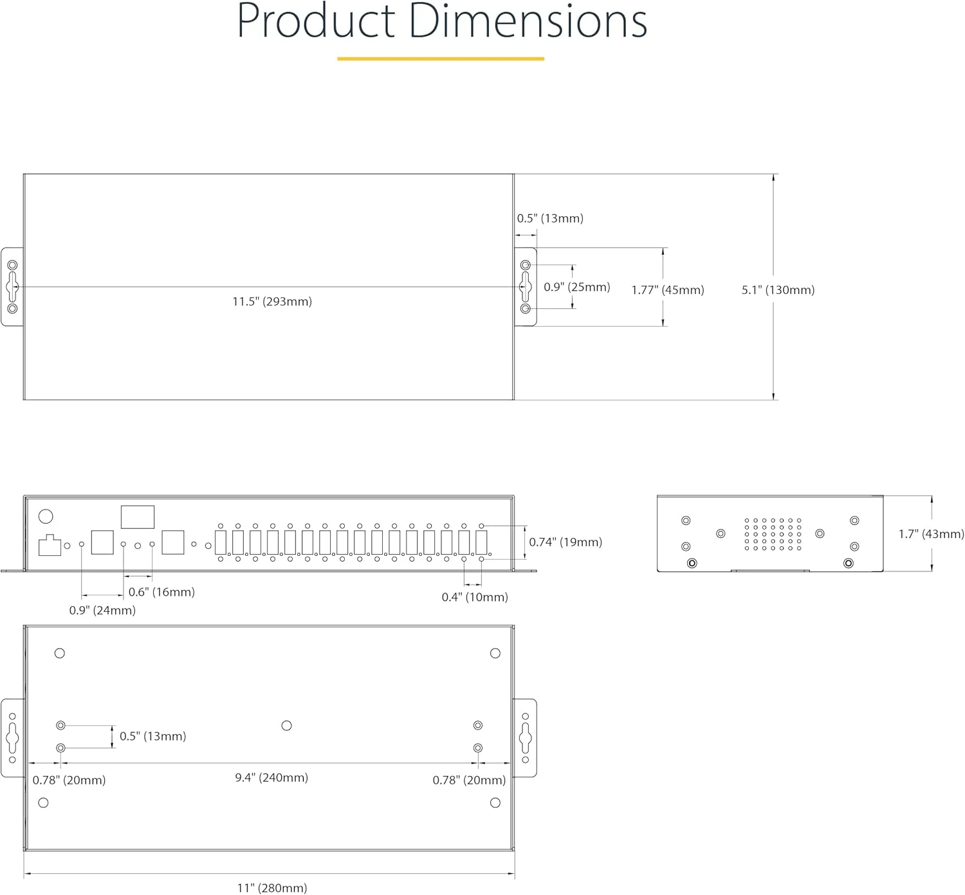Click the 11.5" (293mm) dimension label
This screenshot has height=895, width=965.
272,301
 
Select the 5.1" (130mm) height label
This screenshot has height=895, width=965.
778,290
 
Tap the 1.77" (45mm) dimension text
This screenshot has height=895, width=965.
668,290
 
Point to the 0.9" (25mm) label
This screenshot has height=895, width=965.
577,287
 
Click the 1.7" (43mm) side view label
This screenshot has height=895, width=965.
931,534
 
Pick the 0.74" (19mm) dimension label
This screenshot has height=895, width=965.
565,542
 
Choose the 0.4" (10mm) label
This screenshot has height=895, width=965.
475,597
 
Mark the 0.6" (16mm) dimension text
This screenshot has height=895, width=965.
161,592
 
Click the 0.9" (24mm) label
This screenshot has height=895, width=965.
102,610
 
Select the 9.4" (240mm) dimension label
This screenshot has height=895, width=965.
271,777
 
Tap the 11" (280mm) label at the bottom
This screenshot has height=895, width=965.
272,888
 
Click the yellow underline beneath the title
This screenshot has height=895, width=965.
441,59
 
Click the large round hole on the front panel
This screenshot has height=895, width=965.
46,516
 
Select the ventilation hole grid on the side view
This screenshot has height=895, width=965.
773,534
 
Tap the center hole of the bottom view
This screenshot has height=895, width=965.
287,726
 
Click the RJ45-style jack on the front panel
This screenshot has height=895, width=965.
50,546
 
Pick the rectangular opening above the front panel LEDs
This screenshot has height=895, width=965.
138,517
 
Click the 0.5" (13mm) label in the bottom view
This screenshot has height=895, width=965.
152,736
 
